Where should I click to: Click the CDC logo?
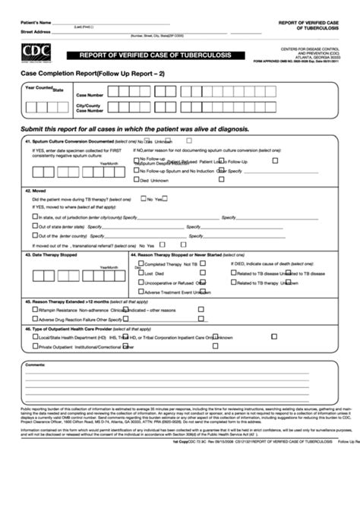point(35,52)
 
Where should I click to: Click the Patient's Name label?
point(36,21)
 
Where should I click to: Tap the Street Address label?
point(36,32)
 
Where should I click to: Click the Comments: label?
point(35,365)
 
